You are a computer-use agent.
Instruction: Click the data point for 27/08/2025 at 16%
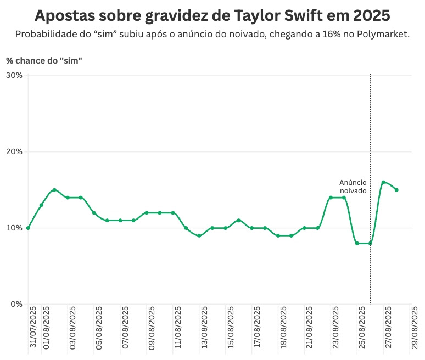click(x=383, y=182)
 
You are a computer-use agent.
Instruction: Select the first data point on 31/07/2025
click(x=28, y=228)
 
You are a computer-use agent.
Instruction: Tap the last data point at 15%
click(x=396, y=190)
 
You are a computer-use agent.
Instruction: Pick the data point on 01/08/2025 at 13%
click(x=41, y=205)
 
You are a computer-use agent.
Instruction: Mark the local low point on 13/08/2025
click(x=199, y=235)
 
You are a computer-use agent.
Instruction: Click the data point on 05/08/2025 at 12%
click(x=94, y=213)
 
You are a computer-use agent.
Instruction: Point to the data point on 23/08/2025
click(x=331, y=198)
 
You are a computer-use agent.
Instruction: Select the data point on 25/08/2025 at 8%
click(x=357, y=243)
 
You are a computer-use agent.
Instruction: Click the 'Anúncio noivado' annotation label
click(x=353, y=187)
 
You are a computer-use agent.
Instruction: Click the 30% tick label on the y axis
click(x=14, y=75)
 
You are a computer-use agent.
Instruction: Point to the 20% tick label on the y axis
click(x=14, y=151)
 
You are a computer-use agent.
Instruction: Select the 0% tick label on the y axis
click(x=16, y=304)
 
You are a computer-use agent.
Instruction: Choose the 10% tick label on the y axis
click(x=14, y=228)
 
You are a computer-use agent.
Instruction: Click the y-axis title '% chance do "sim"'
click(x=44, y=60)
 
